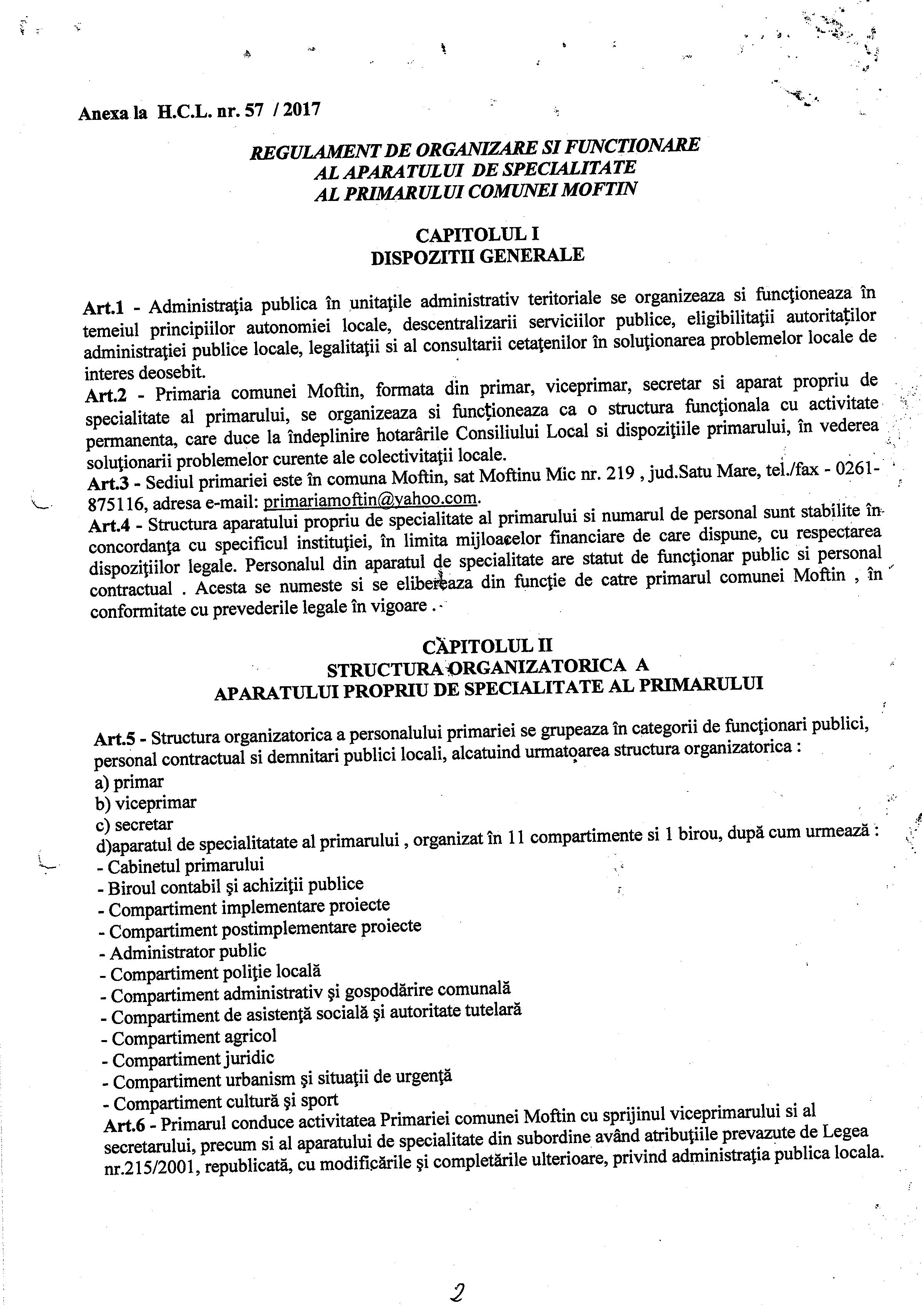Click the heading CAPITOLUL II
(x=488, y=646)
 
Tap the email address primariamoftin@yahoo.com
(x=370, y=499)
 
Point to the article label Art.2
(x=106, y=394)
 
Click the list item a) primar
(x=130, y=783)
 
